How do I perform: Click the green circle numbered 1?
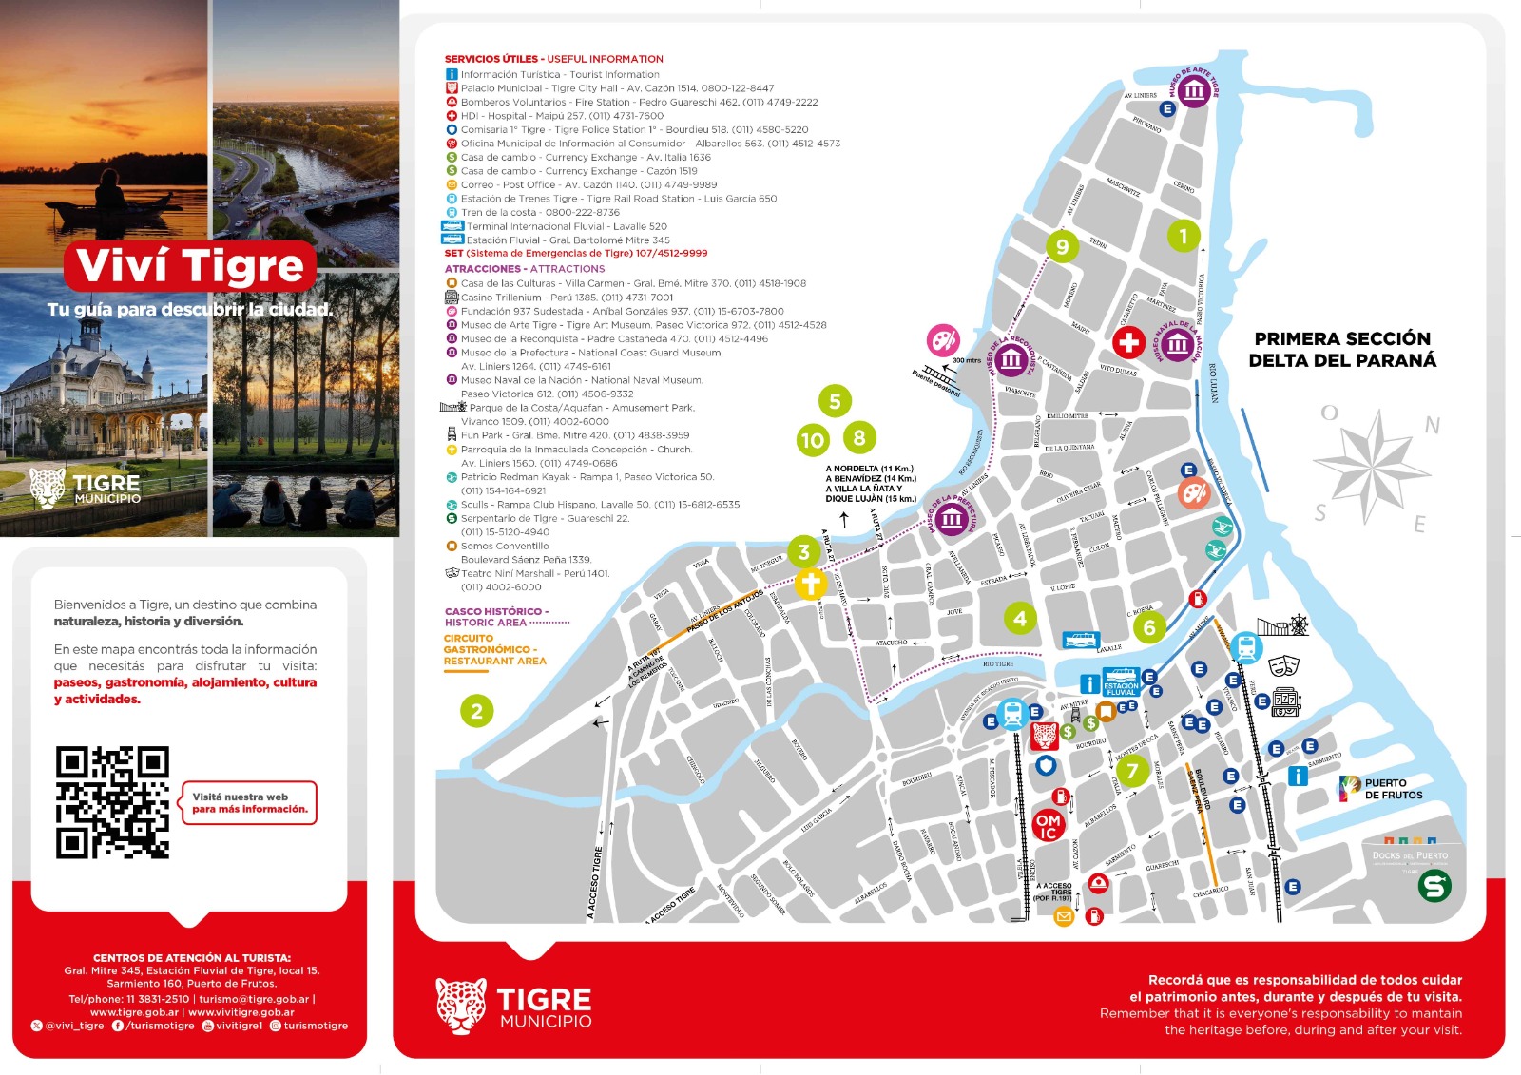pos(1184,235)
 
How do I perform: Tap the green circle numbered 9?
pos(1062,247)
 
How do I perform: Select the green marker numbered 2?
pos(476,710)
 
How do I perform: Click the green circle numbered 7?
pos(1131,771)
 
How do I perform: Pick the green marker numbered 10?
pos(813,440)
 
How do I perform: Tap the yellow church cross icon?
pos(810,583)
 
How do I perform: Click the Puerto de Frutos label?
pos(1393,789)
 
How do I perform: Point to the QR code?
pos(112,802)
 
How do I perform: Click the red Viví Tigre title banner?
pos(190,266)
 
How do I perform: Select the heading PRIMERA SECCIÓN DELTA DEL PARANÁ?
pos(1341,350)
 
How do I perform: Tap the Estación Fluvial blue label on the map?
pos(1121,687)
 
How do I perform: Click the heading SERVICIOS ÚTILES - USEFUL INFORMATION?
pos(553,59)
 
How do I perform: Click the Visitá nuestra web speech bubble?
pos(249,803)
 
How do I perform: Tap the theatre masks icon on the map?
pos(1283,665)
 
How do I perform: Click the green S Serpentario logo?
pos(1434,886)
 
